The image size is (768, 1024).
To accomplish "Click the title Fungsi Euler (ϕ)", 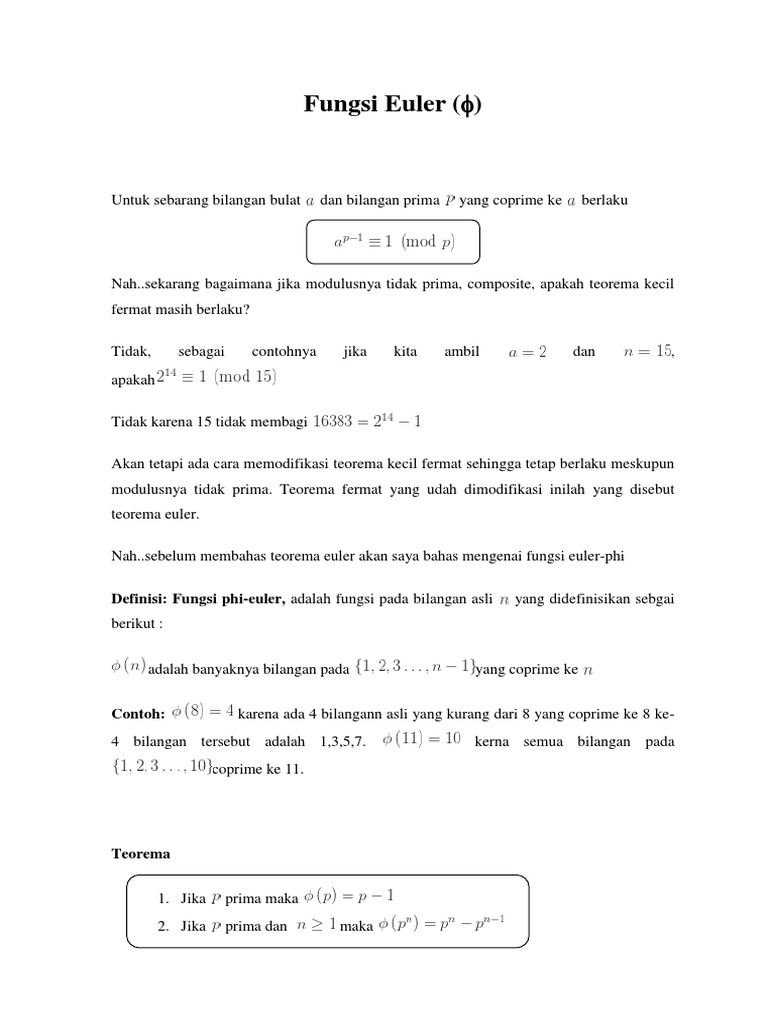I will point(392,106).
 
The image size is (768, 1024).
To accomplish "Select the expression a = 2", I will point(527,352).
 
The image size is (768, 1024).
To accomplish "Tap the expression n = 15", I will point(648,352).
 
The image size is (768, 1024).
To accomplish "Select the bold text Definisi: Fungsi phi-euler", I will point(198,598).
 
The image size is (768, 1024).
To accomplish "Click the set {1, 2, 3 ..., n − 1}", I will point(414,668).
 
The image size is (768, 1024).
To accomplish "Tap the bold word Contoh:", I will point(137,714).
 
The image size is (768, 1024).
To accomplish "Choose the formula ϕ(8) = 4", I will point(203,712).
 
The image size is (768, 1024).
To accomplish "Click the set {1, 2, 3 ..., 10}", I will point(160,767).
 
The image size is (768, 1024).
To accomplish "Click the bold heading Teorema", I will point(140,854).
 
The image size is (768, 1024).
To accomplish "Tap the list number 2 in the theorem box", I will point(162,926).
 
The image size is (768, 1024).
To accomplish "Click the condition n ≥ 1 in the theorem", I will point(316,925).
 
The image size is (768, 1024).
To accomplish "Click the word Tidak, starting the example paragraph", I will point(130,352).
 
